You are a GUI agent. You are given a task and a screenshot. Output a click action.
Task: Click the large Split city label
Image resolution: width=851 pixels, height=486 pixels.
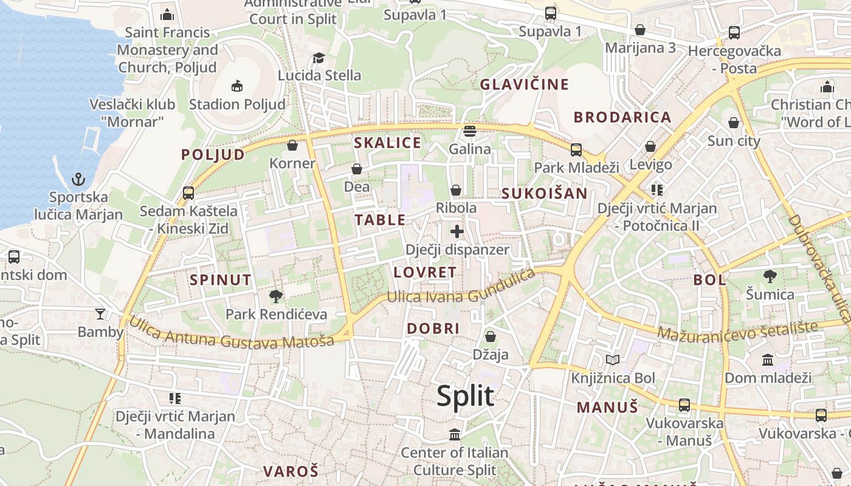tap(465, 396)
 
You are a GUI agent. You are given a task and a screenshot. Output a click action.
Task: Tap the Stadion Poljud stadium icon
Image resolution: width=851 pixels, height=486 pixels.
tap(237, 86)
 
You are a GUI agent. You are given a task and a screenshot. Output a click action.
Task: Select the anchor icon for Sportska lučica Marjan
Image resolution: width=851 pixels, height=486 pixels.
tap(78, 179)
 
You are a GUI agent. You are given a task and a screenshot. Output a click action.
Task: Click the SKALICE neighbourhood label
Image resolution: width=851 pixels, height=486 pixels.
tap(387, 143)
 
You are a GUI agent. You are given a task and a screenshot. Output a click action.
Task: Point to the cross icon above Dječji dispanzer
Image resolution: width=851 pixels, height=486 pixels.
tap(457, 231)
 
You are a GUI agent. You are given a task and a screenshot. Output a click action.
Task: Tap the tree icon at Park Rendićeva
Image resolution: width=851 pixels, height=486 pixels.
tap(276, 296)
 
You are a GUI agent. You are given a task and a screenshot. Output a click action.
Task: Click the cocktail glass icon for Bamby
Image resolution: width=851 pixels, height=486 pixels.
tap(100, 314)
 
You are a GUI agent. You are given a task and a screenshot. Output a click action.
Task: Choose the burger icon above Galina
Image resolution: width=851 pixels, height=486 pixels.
tap(469, 131)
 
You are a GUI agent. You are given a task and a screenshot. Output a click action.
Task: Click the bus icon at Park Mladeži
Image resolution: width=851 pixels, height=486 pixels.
tap(576, 149)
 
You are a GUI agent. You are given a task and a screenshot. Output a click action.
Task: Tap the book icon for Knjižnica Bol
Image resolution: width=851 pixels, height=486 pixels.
tap(613, 360)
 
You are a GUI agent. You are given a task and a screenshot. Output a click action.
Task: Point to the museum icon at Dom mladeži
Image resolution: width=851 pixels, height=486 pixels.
tap(768, 360)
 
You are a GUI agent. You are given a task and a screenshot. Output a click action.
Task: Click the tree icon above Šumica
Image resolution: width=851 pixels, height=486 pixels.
tap(770, 276)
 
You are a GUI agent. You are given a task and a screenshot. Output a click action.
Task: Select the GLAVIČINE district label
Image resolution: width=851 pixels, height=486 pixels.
tap(524, 84)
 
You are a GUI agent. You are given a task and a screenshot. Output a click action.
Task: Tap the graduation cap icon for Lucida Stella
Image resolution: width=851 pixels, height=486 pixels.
tap(319, 58)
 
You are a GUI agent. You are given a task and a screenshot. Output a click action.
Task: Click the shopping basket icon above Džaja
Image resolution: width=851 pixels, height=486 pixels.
tap(491, 337)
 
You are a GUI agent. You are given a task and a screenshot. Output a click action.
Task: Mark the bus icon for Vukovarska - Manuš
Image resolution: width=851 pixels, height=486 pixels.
tap(684, 405)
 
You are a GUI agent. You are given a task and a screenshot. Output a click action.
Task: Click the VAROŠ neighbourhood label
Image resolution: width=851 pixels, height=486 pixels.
tap(291, 471)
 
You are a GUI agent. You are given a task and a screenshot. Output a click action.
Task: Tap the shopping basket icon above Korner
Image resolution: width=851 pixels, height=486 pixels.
tap(292, 146)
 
